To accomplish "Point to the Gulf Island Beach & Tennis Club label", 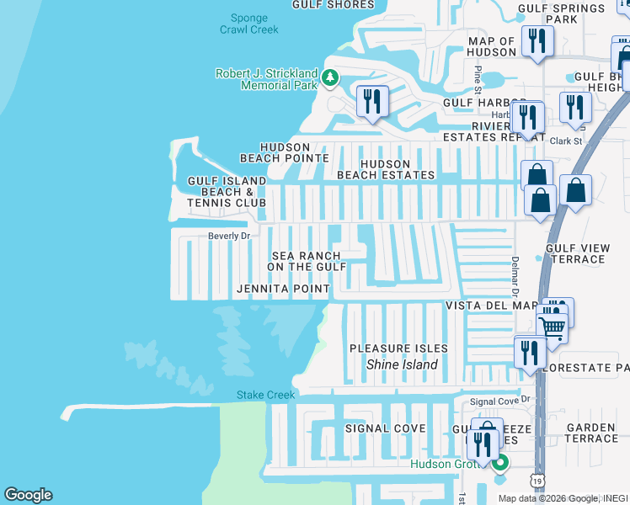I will pos(227,192).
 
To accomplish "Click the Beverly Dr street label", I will pos(229,237).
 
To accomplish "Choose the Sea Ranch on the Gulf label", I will pos(307,261).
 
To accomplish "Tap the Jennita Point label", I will pos(283,290).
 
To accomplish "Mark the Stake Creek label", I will pos(265,395).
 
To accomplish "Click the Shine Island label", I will pos(402,364).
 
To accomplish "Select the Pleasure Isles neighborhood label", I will pos(398,348).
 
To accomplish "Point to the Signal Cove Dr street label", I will pos(503,401).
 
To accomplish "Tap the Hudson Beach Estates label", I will pos(386,170).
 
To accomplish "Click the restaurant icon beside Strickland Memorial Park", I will pos(371,102).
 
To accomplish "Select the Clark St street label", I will pos(565,141).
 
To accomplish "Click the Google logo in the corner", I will pos(28,495).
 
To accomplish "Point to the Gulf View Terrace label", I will pos(575,253).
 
